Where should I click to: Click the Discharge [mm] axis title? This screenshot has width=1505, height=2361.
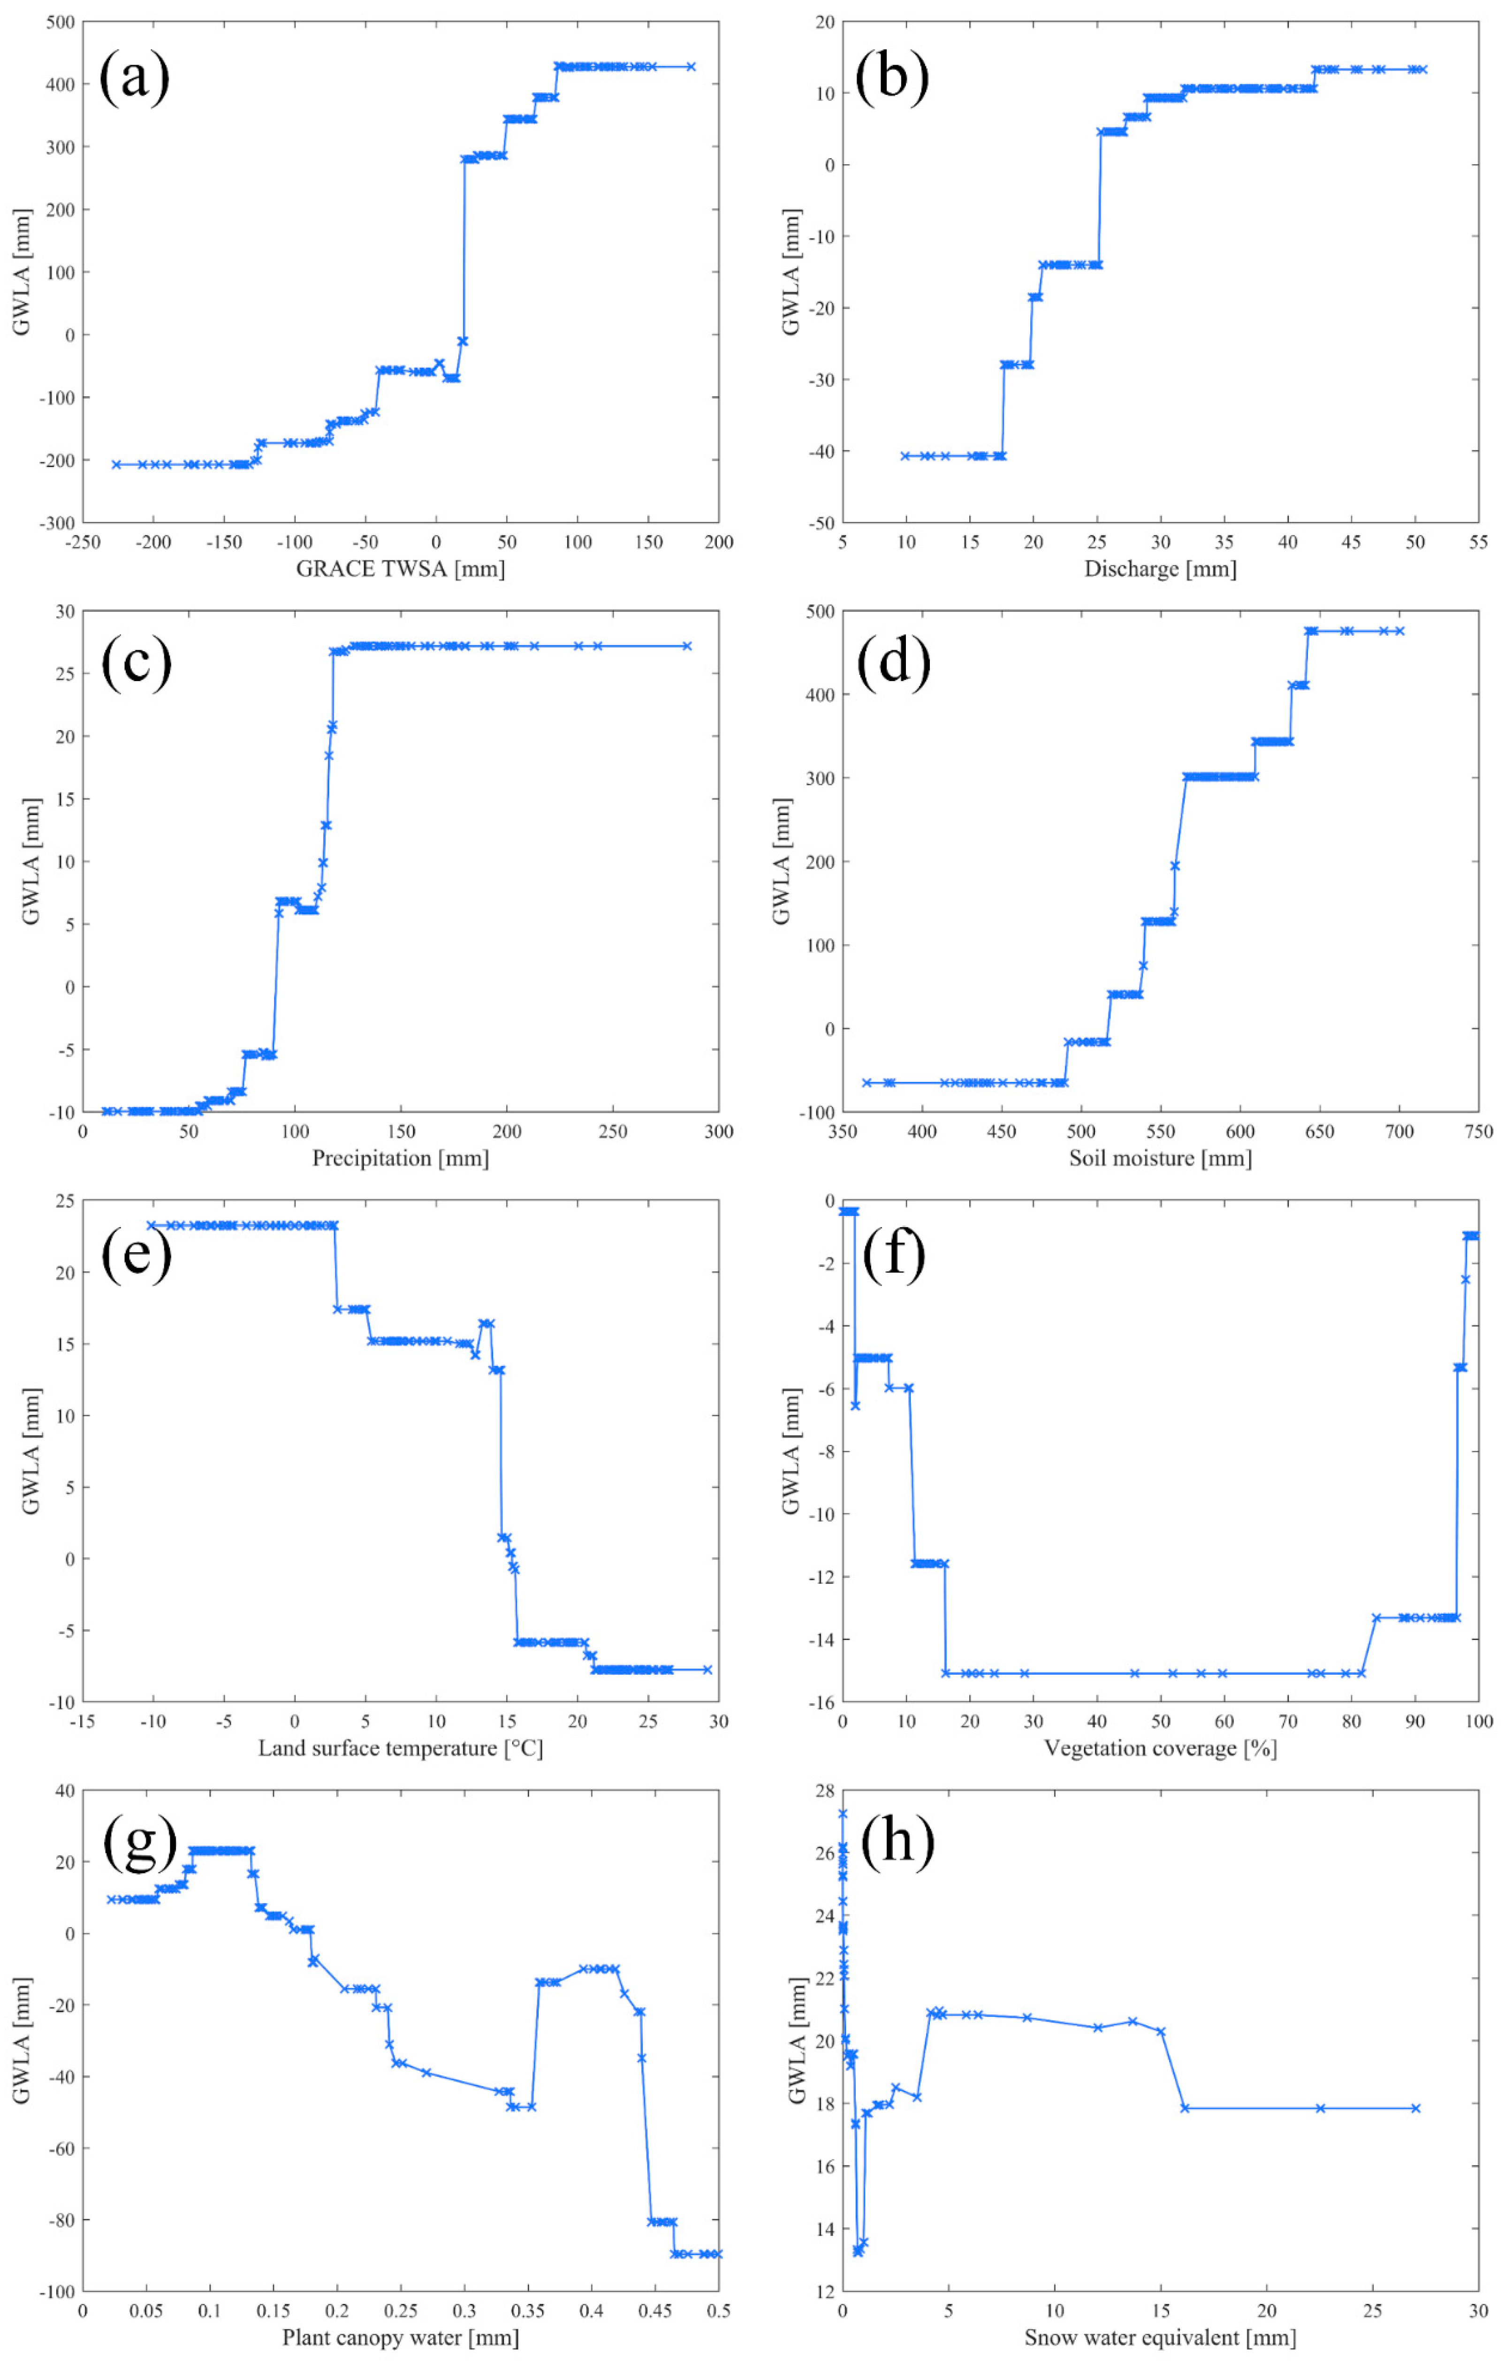[1160, 569]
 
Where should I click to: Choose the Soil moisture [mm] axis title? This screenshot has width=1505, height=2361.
[1160, 1158]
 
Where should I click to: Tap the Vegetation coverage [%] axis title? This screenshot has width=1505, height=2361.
[1160, 1748]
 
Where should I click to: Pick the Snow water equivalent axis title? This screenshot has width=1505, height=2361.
[1160, 2338]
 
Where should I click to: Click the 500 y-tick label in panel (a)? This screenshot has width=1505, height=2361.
[61, 23]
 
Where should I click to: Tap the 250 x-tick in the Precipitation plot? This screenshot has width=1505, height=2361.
[613, 1131]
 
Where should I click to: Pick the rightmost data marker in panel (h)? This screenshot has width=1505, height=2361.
[1415, 2108]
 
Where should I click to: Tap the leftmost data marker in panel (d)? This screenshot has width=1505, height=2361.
[867, 1082]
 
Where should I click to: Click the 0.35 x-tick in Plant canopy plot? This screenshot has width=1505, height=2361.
[527, 2311]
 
